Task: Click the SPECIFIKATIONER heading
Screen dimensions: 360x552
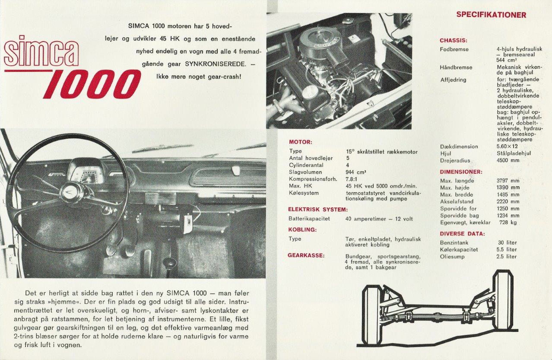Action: click(491, 15)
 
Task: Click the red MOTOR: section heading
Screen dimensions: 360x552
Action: click(301, 142)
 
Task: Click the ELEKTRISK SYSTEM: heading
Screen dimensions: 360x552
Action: click(317, 210)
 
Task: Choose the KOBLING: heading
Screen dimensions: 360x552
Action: click(302, 229)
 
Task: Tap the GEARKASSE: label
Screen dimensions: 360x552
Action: click(306, 255)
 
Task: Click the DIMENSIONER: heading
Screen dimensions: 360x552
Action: click(461, 172)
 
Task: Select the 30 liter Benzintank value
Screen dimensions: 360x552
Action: click(507, 242)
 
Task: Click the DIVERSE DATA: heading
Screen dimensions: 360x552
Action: click(462, 234)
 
